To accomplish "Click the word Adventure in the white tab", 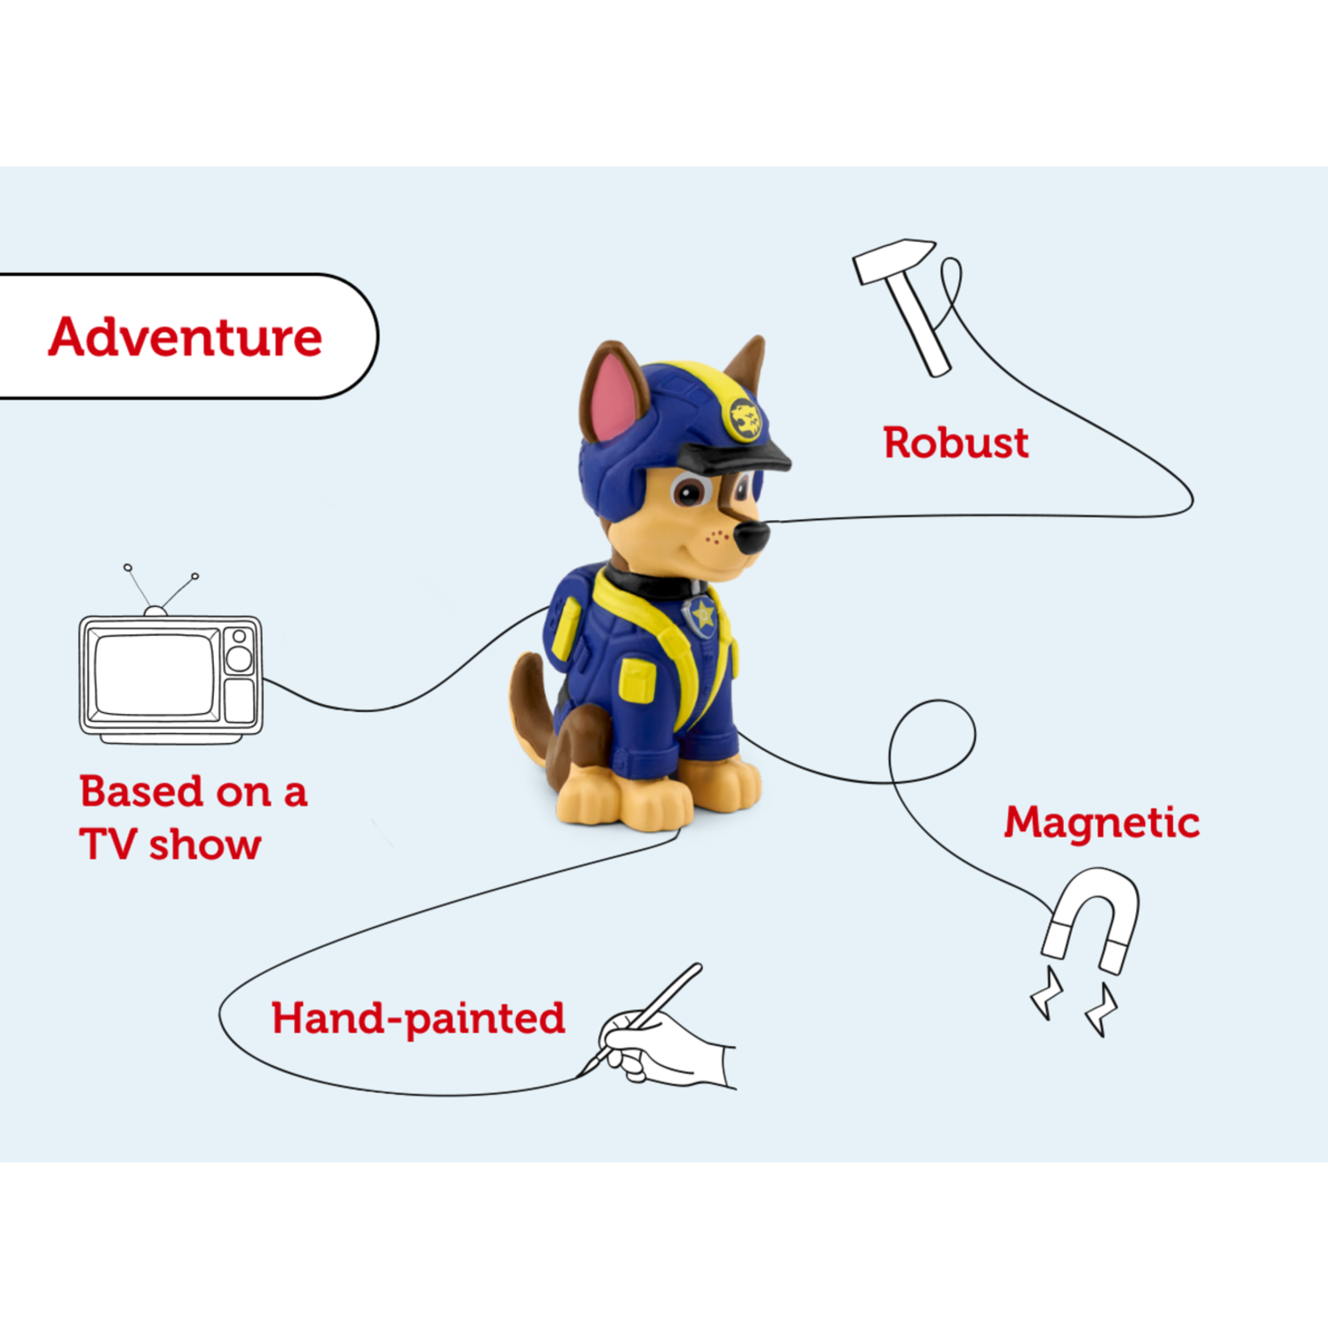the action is coord(185,337).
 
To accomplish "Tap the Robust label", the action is coord(956,442).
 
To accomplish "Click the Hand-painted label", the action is coord(418,1019).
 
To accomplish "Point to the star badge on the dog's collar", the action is coord(703,616).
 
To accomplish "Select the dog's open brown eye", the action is coord(689,491).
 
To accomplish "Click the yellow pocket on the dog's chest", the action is coord(637,682).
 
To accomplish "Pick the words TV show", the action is coord(170,844).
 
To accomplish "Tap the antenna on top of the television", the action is coord(160,588).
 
